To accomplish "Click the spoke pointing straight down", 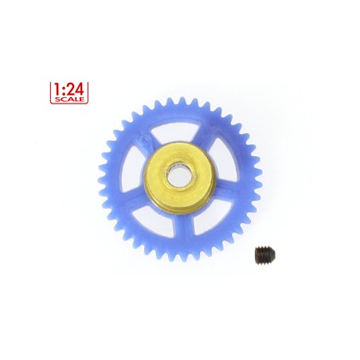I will coord(181,227).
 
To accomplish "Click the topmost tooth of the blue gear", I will coord(181,99).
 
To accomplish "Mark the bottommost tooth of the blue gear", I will coord(180,258).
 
